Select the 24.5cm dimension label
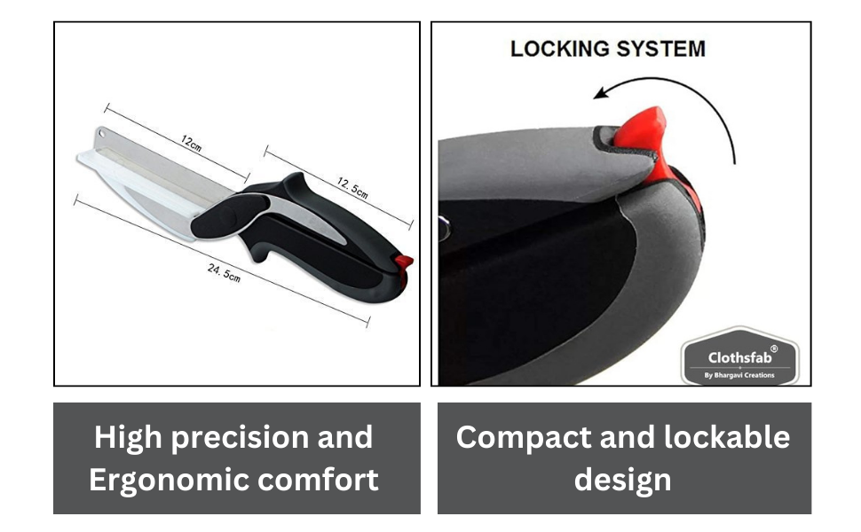pyautogui.click(x=224, y=272)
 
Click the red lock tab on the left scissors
pyautogui.click(x=404, y=264)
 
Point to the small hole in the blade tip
pyautogui.click(x=99, y=135)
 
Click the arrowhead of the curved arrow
pyautogui.click(x=601, y=92)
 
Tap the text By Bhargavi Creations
pyautogui.click(x=739, y=375)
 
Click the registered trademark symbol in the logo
pyautogui.click(x=773, y=349)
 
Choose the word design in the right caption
pyautogui.click(x=623, y=480)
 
